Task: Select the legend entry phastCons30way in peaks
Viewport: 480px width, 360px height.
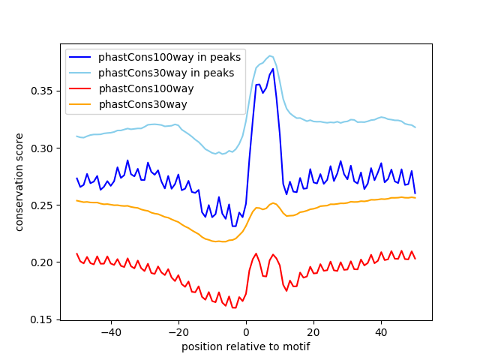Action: point(166,73)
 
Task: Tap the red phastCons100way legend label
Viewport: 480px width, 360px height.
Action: point(146,88)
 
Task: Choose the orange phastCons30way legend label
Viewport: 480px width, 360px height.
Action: point(142,103)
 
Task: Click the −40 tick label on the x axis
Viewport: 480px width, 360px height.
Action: point(111,331)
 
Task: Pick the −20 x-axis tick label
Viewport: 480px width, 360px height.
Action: point(178,331)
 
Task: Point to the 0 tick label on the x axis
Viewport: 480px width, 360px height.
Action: point(246,331)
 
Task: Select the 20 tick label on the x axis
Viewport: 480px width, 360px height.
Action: point(313,331)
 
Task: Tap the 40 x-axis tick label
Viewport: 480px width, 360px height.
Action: point(381,331)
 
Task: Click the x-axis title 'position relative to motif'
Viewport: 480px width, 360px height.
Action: point(245,346)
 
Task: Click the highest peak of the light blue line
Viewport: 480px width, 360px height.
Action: point(270,55)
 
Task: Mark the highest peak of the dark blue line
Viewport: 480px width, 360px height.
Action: point(273,69)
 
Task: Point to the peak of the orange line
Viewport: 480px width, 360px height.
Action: point(273,202)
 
